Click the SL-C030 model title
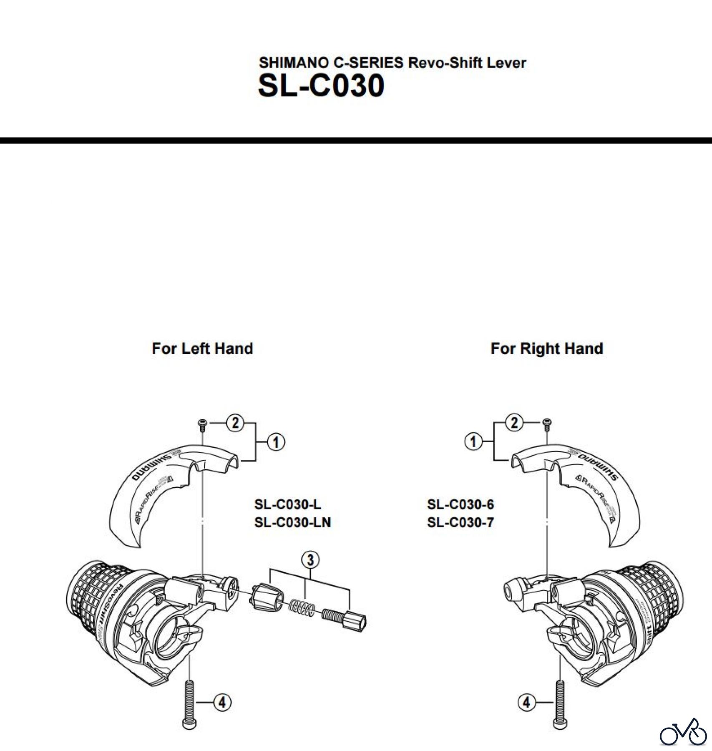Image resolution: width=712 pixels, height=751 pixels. [x=321, y=86]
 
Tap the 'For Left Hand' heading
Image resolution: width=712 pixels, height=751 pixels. [x=202, y=348]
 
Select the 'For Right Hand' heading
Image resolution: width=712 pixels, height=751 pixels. [x=546, y=348]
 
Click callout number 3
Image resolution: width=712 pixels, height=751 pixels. [x=310, y=560]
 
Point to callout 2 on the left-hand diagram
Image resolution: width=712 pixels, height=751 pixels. [x=235, y=423]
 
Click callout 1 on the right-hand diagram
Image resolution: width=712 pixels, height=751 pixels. [x=473, y=441]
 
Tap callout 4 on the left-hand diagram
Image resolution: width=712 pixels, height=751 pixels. [x=222, y=703]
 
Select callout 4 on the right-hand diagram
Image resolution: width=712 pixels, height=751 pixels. [x=526, y=703]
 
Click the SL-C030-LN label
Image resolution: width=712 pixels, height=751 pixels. [x=292, y=522]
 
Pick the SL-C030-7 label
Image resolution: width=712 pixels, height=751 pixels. [x=460, y=522]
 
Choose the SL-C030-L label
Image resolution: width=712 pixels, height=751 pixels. [x=287, y=504]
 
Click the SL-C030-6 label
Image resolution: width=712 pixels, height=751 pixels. [x=460, y=504]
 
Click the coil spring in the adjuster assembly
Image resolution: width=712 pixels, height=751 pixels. [x=301, y=607]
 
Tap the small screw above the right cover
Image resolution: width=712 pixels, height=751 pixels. [x=546, y=425]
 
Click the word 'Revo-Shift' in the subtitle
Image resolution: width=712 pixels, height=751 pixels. [x=447, y=63]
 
